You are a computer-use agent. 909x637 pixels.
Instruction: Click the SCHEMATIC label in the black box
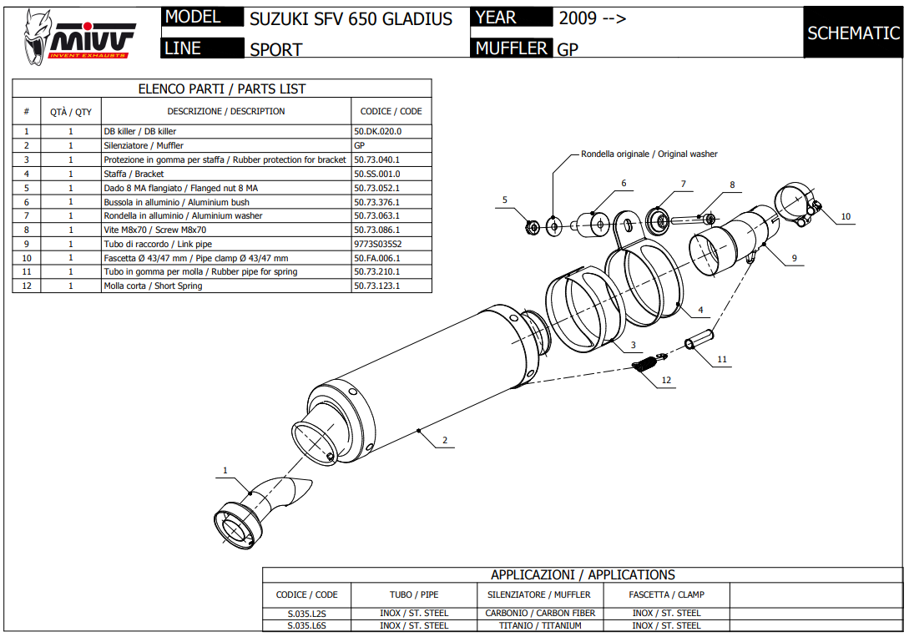coord(853,33)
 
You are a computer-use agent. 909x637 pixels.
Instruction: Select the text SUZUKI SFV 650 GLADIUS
coord(351,18)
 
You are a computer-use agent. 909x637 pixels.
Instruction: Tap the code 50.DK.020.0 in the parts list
coord(378,131)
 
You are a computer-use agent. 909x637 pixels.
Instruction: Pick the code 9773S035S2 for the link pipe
coord(378,244)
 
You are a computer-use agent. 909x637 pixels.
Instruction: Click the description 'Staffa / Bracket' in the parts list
coord(134,174)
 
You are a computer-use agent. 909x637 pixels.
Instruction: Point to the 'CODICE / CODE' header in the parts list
coord(391,111)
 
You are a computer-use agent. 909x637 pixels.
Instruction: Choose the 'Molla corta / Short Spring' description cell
coord(153,286)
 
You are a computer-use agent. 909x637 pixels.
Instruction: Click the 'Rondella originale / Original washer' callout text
coord(649,154)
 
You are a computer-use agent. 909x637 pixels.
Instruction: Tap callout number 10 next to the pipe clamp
coord(845,217)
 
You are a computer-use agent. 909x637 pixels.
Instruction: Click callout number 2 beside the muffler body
coord(445,440)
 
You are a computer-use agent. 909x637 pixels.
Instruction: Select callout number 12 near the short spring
coord(666,380)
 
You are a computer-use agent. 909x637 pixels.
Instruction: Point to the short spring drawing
coord(650,364)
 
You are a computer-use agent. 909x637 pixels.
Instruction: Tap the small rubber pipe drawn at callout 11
coord(698,341)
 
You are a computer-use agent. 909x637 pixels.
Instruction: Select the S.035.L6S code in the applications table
coord(306,625)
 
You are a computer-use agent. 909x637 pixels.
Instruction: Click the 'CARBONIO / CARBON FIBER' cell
coord(540,613)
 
